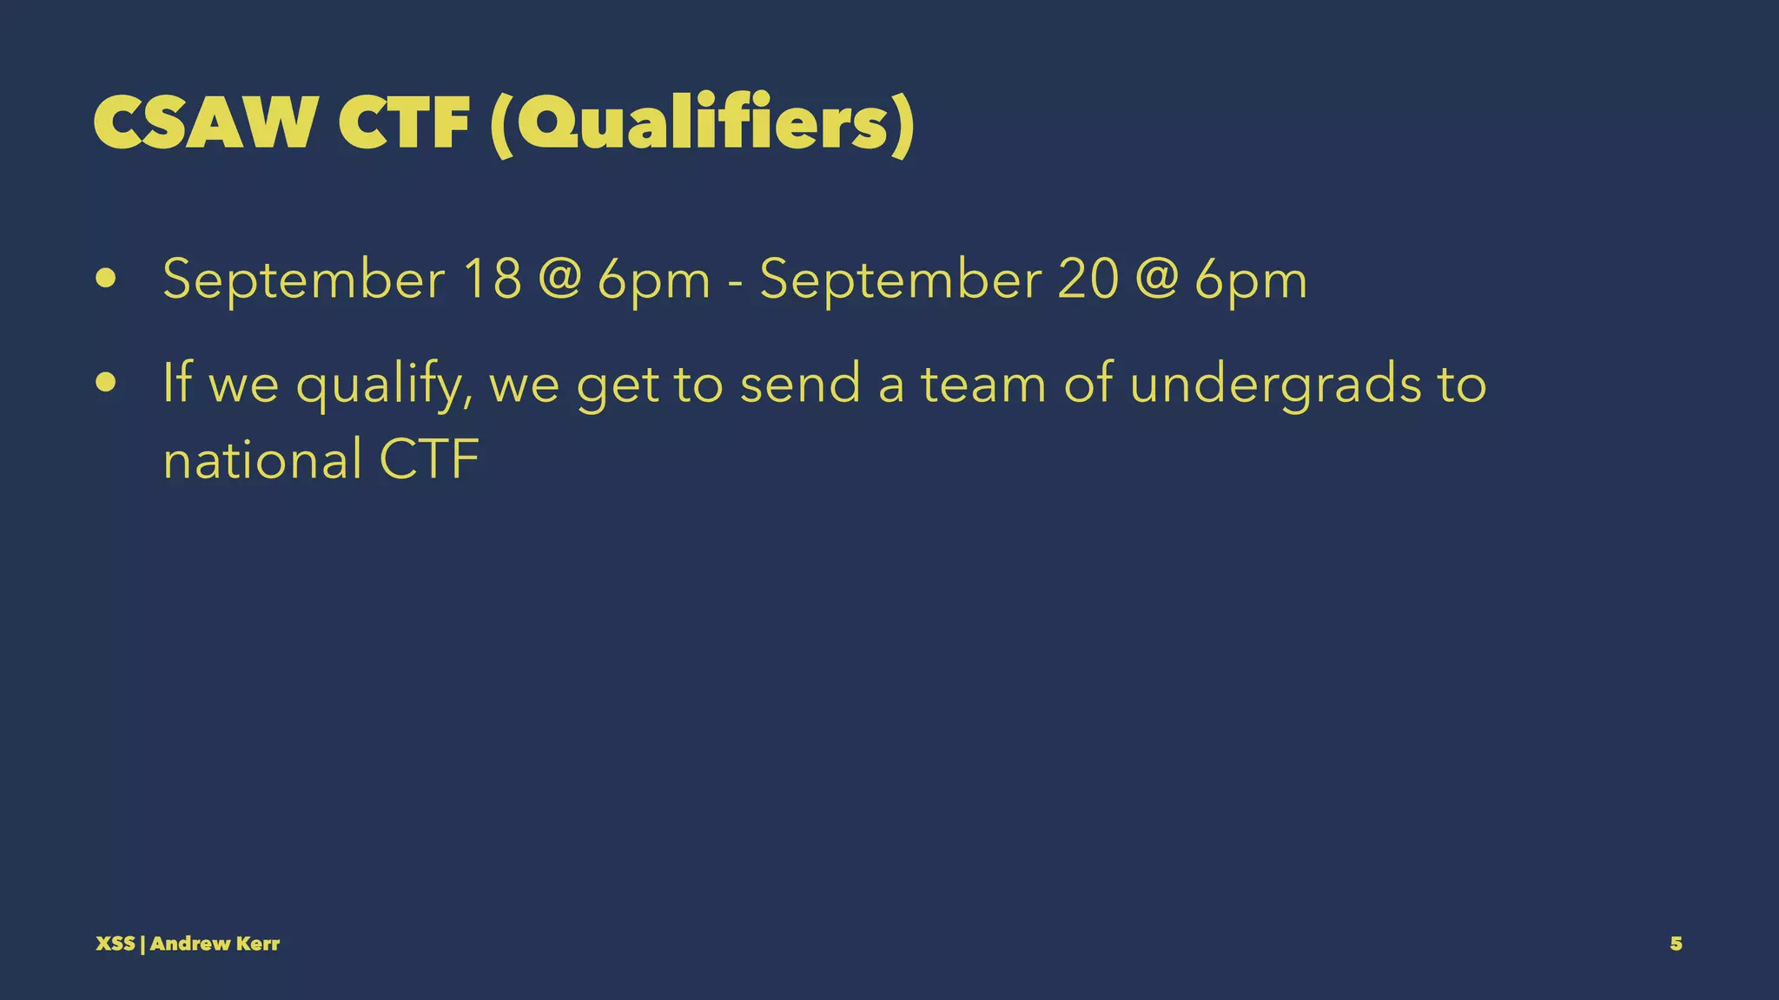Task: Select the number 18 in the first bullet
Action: [492, 280]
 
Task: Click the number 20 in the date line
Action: [1088, 280]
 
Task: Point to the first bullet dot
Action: [107, 280]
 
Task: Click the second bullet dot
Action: [107, 383]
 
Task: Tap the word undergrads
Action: [1275, 385]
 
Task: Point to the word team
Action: [983, 385]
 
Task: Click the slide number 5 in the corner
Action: [1676, 944]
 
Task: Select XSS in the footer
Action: [115, 944]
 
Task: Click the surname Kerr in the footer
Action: [258, 944]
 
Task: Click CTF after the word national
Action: [429, 459]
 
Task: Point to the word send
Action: [800, 385]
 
